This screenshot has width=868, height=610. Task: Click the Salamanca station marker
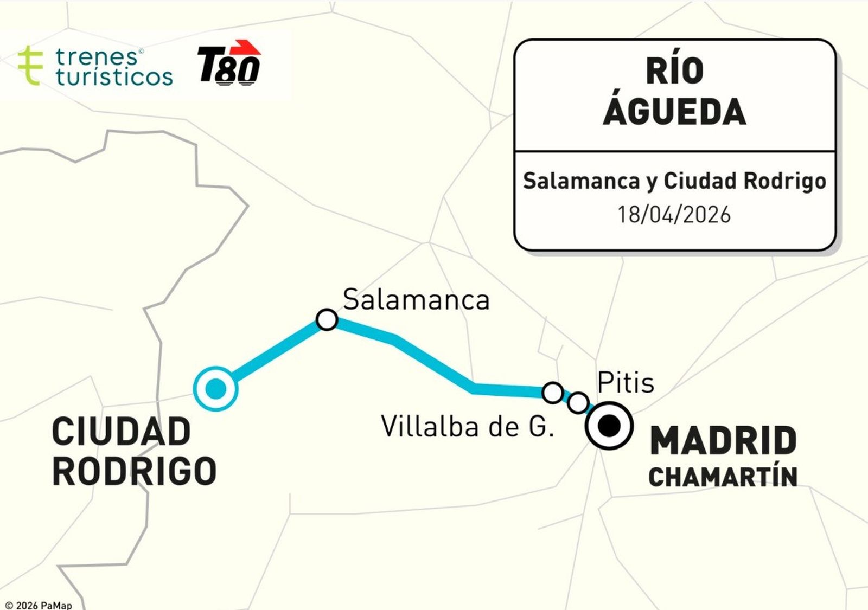point(327,319)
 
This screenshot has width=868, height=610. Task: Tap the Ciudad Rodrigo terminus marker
point(216,388)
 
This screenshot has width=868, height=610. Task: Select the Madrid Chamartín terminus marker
point(609,426)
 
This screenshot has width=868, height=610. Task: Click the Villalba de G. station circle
point(552,392)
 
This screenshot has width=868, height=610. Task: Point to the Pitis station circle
point(578,402)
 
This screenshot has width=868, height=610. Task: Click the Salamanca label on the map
point(416,300)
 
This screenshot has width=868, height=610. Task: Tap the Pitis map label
point(626,383)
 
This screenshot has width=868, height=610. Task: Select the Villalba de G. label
point(468,427)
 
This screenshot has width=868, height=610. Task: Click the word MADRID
point(723,441)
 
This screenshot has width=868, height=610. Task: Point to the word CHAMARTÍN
point(723,477)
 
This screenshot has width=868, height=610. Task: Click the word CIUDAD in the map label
point(122,432)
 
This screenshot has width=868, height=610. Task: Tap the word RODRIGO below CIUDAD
point(135,471)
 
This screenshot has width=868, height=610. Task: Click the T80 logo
point(229,63)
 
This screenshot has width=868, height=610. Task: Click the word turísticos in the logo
point(114,77)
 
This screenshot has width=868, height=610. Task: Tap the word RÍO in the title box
point(674,70)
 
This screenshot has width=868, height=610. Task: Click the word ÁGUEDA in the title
point(674,111)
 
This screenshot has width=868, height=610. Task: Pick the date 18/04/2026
point(674,215)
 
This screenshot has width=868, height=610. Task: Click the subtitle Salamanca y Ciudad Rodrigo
point(674,181)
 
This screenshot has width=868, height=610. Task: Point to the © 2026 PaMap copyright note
point(38,605)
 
